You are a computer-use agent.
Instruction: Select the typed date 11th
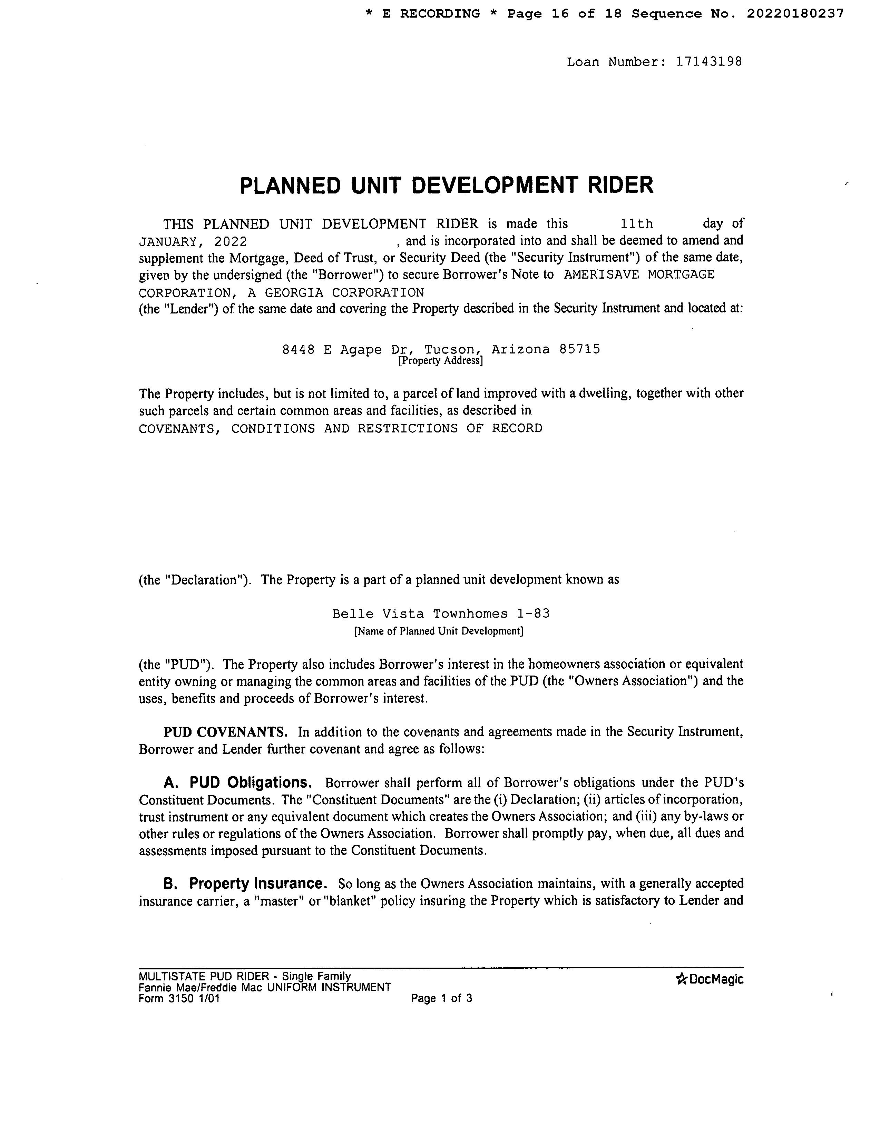click(637, 224)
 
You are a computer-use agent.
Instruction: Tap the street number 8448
click(298, 349)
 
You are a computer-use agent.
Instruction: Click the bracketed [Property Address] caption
click(441, 361)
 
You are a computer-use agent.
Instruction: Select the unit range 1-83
click(534, 614)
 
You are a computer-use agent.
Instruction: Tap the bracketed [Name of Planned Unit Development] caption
click(438, 631)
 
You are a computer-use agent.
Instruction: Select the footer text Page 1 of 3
click(442, 998)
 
